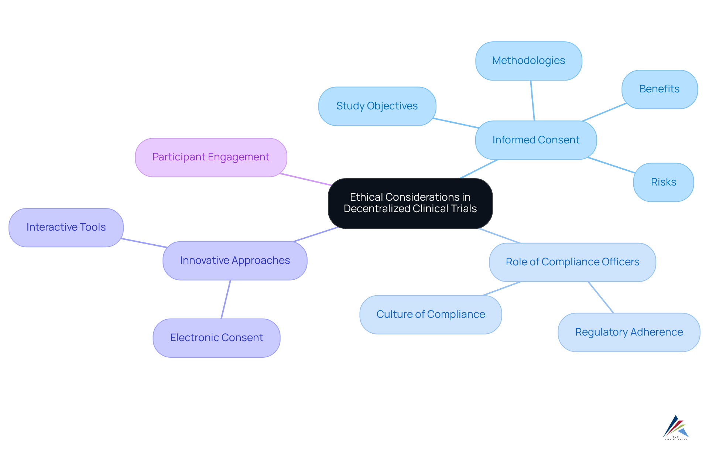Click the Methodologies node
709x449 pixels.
point(528,61)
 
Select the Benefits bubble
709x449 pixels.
point(659,89)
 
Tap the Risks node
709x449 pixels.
point(663,182)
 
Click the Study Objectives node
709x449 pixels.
point(377,106)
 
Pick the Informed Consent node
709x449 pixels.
point(535,140)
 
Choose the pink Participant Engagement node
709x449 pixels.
point(210,157)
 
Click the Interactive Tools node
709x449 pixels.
point(66,227)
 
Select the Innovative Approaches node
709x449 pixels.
point(235,261)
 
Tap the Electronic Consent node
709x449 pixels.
point(216,338)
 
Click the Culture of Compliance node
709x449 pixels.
point(431,314)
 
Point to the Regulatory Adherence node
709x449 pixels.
point(628,332)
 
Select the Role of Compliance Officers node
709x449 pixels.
point(572,262)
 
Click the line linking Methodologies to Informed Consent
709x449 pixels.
point(532,101)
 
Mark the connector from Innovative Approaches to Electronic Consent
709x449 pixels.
point(226,299)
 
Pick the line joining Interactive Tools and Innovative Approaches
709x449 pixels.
point(144,243)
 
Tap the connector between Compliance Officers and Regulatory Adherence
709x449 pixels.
point(601,297)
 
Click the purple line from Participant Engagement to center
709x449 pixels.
point(306,179)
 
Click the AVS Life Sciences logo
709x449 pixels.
point(676,428)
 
